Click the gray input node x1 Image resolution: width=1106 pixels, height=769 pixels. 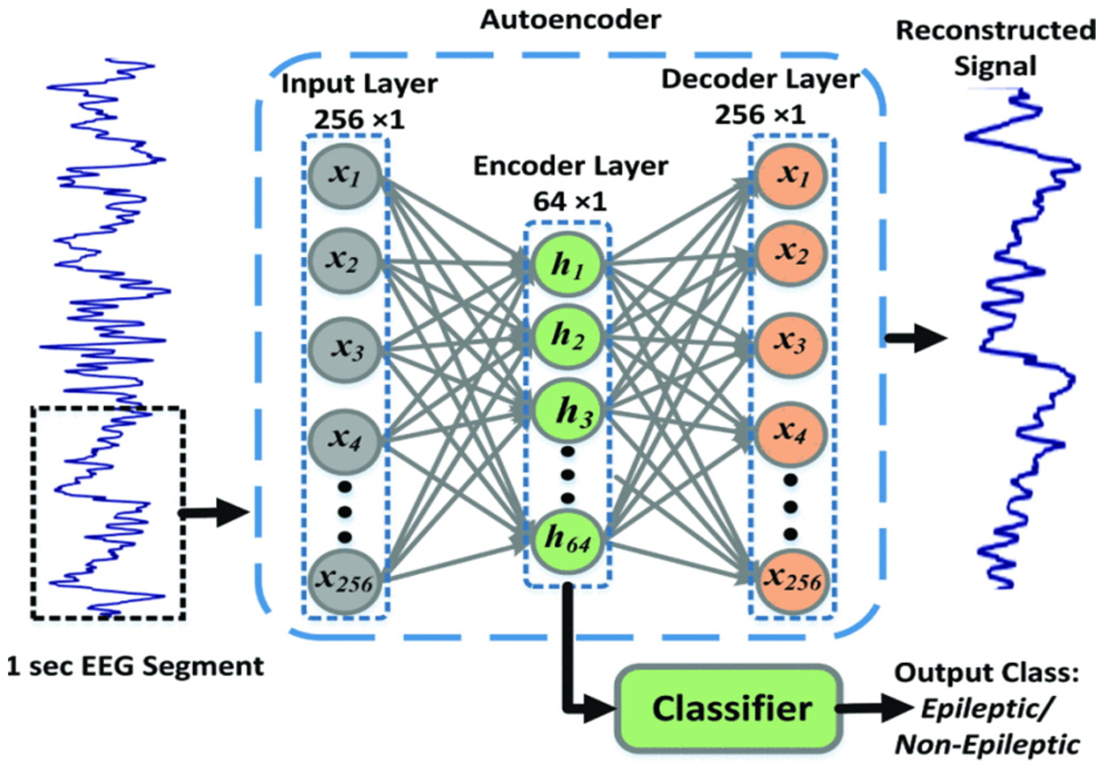pyautogui.click(x=345, y=176)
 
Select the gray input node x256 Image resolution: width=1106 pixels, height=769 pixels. pyautogui.click(x=345, y=582)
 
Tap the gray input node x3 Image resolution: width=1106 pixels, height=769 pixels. pyautogui.click(x=345, y=349)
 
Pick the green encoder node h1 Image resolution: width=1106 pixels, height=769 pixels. pyautogui.click(x=567, y=264)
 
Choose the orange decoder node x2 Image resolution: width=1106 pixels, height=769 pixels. pyautogui.click(x=791, y=253)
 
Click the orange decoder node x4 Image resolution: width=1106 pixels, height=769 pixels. pyautogui.click(x=791, y=433)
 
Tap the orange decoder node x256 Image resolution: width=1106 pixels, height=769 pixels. pyautogui.click(x=791, y=582)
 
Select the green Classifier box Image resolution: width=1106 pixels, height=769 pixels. pyautogui.click(x=728, y=708)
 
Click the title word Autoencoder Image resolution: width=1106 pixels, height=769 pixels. pyautogui.click(x=571, y=20)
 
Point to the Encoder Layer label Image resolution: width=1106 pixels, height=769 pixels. pyautogui.click(x=570, y=166)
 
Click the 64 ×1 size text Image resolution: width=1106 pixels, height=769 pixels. pyautogui.click(x=570, y=201)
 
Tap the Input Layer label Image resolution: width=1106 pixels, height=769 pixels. pyautogui.click(x=359, y=84)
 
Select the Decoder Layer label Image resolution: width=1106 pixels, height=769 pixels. pyautogui.click(x=760, y=79)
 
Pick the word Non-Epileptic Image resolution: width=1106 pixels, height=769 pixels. pyautogui.click(x=987, y=745)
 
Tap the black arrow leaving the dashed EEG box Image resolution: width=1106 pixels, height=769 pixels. pyautogui.click(x=215, y=512)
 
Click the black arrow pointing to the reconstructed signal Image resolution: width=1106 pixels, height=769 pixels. pyautogui.click(x=916, y=338)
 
